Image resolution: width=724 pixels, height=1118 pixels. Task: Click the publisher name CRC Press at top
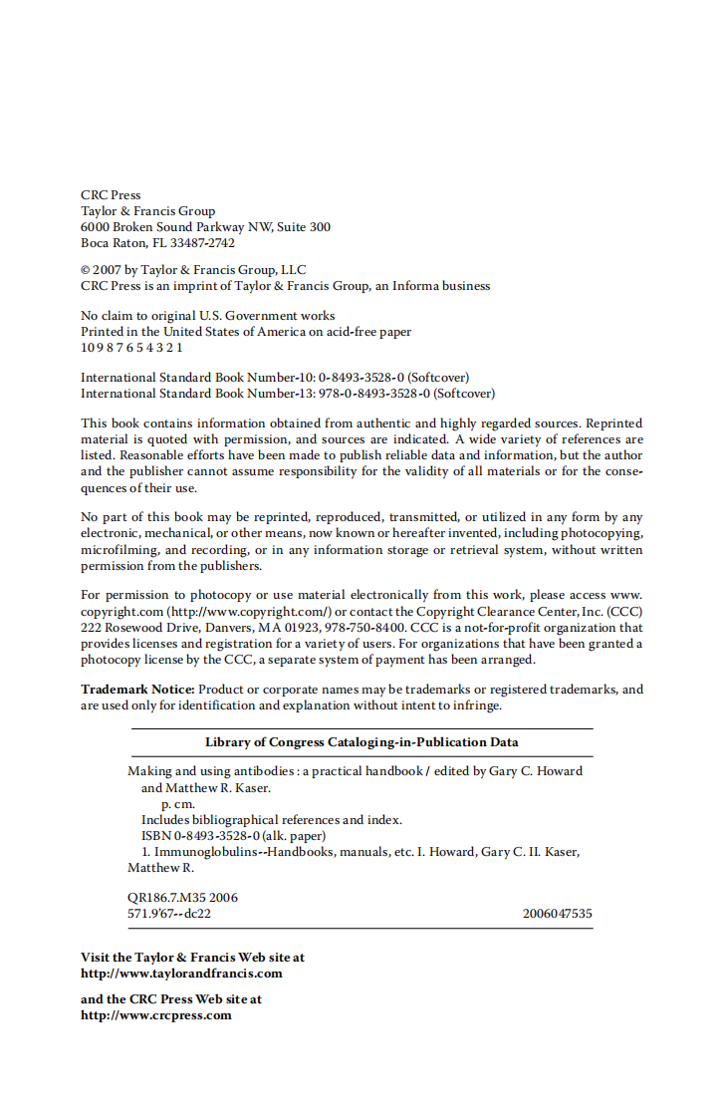point(111,195)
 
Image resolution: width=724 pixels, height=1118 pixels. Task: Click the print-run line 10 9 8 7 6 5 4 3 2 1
point(131,348)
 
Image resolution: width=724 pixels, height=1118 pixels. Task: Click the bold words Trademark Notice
point(138,690)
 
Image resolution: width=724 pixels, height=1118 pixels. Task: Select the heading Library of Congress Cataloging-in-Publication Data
point(362,742)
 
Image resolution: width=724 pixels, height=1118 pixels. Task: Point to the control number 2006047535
point(557,913)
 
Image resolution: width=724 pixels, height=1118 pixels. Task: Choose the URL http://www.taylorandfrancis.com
point(181,974)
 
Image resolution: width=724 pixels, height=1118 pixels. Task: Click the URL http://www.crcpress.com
point(156,1015)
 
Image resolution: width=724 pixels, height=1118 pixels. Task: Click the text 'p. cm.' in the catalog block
point(178,804)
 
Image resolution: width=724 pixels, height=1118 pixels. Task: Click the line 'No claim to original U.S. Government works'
point(207,316)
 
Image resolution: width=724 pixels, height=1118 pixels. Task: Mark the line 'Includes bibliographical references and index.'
point(271,820)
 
